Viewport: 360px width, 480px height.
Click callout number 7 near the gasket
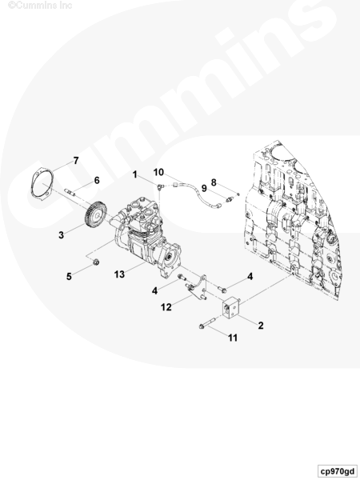coord(76,161)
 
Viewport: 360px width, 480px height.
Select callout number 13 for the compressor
coord(119,274)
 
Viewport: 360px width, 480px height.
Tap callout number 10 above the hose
coord(158,172)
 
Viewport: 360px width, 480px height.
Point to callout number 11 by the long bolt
coord(233,338)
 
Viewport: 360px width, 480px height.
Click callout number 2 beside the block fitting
coord(261,326)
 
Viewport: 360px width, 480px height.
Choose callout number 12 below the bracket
coord(166,307)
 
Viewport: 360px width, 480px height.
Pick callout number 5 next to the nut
coord(69,277)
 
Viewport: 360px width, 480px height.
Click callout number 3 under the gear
coord(62,234)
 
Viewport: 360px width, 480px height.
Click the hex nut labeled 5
coord(96,262)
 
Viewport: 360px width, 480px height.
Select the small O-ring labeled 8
coord(238,194)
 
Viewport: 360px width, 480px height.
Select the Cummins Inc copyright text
coord(40,5)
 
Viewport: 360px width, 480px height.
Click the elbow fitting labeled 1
coord(160,186)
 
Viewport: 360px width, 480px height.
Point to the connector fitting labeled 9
coord(230,199)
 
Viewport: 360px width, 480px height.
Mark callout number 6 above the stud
coord(97,180)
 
